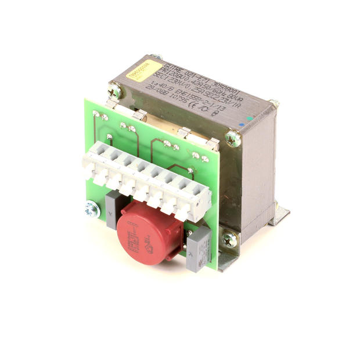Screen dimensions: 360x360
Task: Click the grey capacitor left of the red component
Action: [x=113, y=206]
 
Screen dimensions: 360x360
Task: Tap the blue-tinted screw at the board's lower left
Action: [x=91, y=210]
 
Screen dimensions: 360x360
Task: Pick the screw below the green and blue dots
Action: [x=232, y=138]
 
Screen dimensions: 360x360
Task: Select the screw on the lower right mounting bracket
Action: [x=229, y=237]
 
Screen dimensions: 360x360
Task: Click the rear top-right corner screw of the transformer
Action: [x=275, y=104]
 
